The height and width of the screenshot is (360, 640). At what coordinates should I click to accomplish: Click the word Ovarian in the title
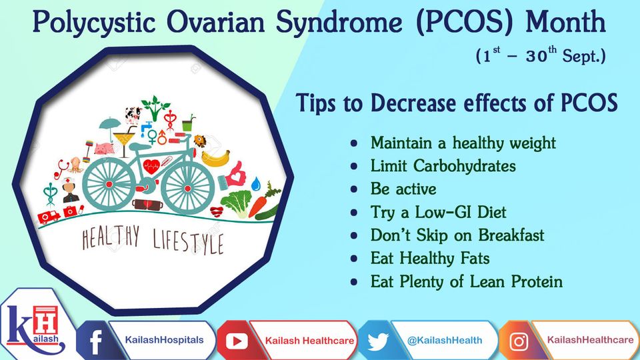[215, 22]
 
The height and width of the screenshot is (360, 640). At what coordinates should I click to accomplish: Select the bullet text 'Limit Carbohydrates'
[443, 166]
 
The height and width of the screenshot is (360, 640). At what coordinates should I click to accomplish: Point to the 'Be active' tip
[403, 189]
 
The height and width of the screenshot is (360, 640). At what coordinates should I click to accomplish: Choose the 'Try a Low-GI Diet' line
[438, 212]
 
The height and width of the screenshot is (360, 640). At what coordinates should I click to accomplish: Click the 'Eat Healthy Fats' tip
[430, 259]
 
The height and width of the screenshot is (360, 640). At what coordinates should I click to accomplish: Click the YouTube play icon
[237, 341]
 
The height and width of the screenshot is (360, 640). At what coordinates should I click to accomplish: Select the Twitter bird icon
[377, 341]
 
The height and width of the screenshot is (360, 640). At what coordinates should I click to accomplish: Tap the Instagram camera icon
[519, 341]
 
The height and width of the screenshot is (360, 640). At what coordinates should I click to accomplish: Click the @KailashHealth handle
[445, 340]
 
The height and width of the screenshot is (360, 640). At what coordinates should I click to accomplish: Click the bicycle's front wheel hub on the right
[187, 189]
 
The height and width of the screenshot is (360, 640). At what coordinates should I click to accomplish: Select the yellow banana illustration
[215, 159]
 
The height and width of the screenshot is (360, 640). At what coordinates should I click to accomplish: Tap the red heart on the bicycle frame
[152, 167]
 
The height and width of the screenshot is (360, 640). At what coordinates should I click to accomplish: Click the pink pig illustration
[104, 148]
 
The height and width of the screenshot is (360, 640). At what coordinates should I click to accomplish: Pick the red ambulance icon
[49, 217]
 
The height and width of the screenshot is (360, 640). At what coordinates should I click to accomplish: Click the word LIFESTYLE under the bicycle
[188, 241]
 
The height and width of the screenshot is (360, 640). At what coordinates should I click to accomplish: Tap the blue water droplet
[255, 184]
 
